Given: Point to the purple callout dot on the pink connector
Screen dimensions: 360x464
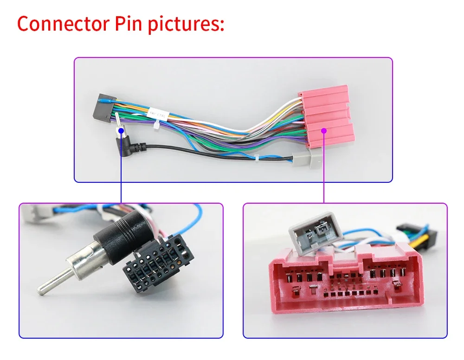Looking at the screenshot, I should (x=324, y=131).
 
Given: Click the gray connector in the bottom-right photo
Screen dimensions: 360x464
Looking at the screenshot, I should (x=313, y=232).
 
